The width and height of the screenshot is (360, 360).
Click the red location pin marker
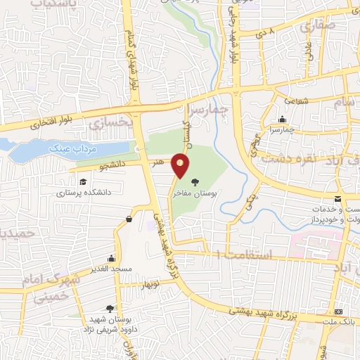[x=181, y=166]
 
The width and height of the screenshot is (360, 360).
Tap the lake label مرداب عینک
[x=69, y=149]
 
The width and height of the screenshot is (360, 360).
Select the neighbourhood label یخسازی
[x=111, y=122]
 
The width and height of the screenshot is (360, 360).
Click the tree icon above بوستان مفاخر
[x=205, y=181]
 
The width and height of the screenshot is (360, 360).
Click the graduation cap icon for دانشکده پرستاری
[x=82, y=182]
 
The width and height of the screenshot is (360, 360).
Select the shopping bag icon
[x=129, y=220]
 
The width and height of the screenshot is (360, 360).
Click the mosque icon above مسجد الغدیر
[x=111, y=258]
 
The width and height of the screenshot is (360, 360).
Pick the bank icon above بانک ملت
[x=339, y=311]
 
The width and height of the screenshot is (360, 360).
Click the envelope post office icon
[x=338, y=200]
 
